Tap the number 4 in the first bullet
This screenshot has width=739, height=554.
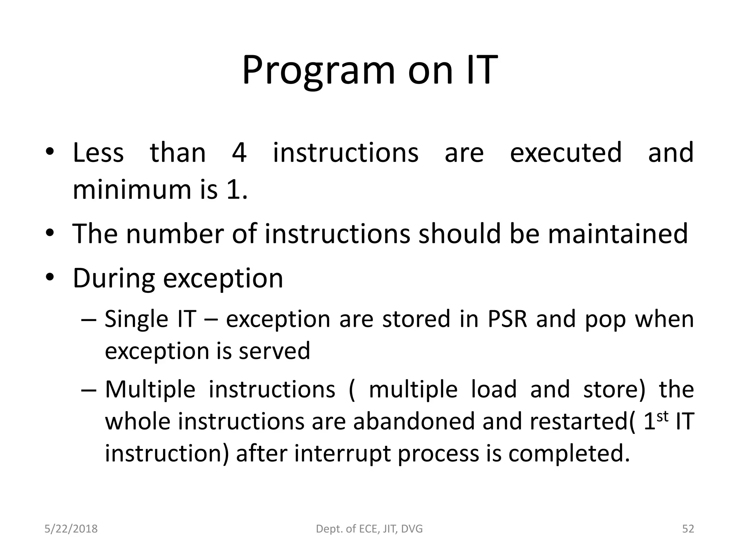pyautogui.click(x=239, y=153)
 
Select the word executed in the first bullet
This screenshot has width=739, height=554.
pyautogui.click(x=566, y=153)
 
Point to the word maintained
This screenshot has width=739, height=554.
pyautogui.click(x=618, y=234)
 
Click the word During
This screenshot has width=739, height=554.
pyautogui.click(x=113, y=278)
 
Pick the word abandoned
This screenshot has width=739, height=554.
pyautogui.click(x=414, y=421)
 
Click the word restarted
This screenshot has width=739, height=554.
pyautogui.click(x=555, y=421)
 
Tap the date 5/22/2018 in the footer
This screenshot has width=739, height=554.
pyautogui.click(x=71, y=529)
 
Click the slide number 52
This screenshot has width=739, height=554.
pyautogui.click(x=688, y=529)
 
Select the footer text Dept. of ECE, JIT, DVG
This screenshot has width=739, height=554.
pyautogui.click(x=369, y=529)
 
